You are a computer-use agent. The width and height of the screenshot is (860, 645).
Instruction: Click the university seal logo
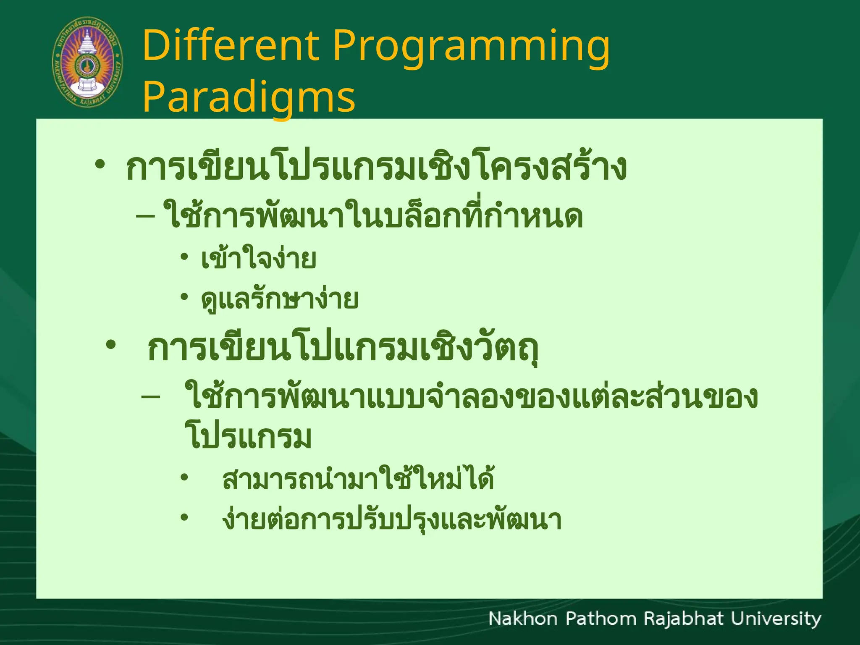tap(87, 62)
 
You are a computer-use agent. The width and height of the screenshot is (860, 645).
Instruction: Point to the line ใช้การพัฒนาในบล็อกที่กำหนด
tap(373, 217)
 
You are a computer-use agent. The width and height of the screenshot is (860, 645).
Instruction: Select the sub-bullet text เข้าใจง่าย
tap(258, 259)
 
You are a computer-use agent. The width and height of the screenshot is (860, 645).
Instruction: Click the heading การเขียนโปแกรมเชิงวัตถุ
tap(342, 349)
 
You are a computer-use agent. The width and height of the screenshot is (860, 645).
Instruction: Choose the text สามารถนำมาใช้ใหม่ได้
tap(358, 479)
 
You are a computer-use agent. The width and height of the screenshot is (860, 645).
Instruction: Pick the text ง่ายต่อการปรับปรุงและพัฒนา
tap(391, 520)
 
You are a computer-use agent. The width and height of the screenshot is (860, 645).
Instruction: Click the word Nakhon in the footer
tap(522, 619)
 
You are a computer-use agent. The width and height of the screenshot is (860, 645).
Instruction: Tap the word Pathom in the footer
tap(601, 619)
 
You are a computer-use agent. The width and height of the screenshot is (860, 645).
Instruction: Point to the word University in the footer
tap(776, 619)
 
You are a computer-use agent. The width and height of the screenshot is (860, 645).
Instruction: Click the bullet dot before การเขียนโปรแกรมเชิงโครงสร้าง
tap(100, 164)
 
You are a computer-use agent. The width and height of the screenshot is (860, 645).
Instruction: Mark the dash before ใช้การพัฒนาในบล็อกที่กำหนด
tap(146, 217)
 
